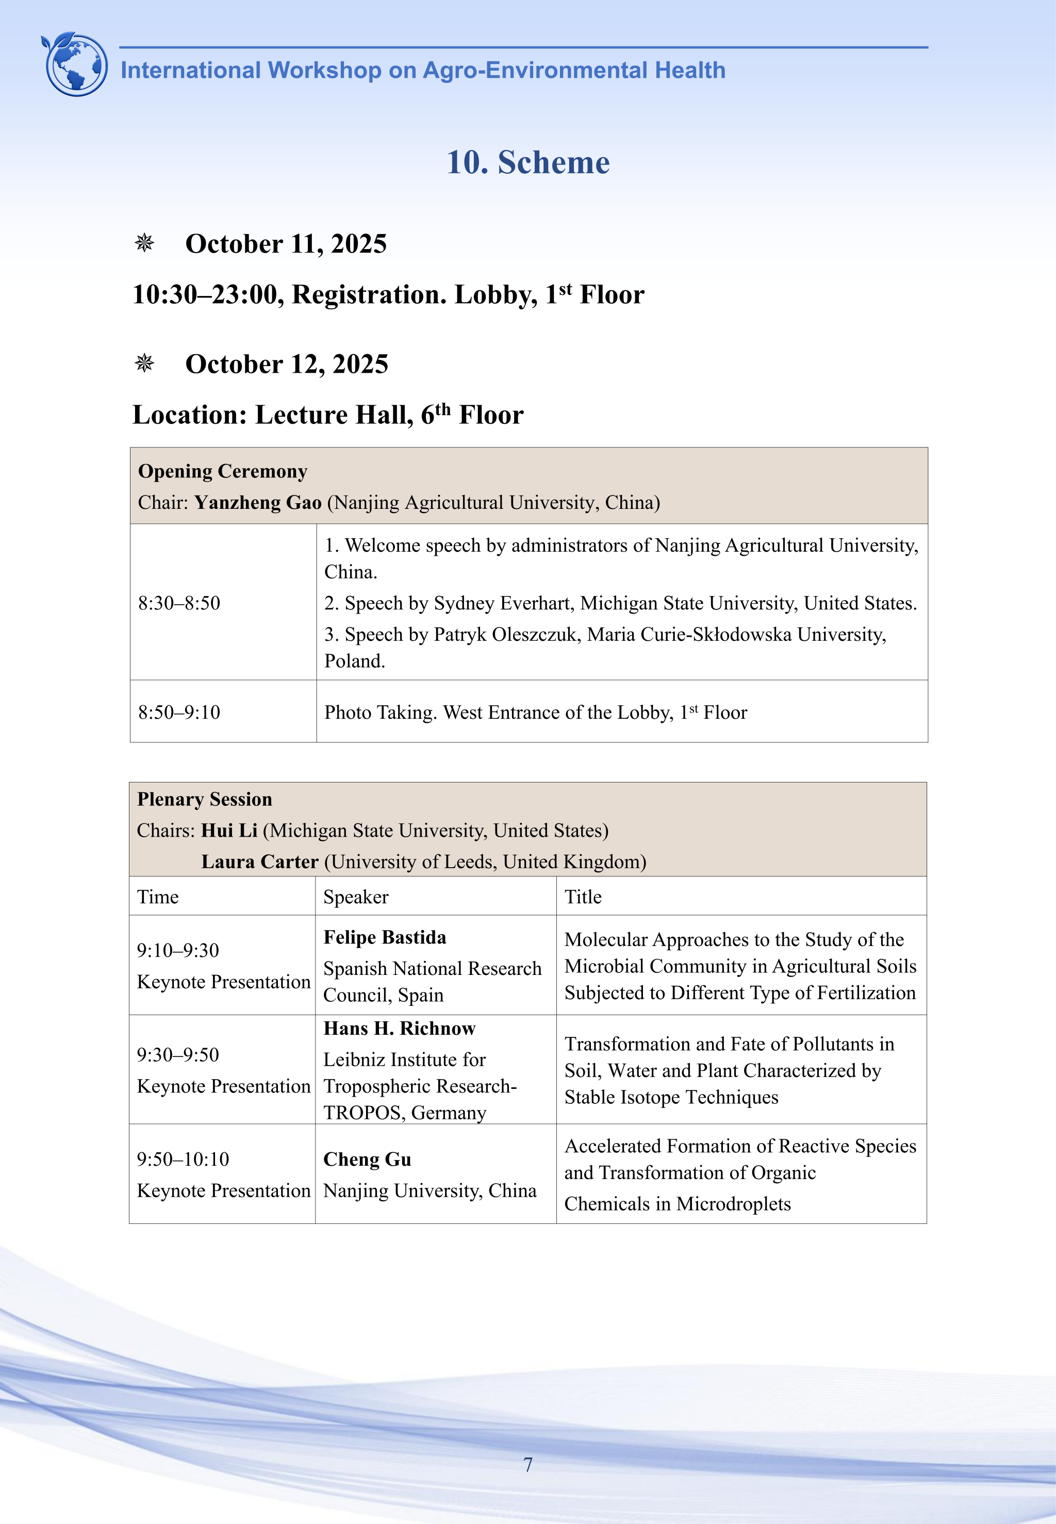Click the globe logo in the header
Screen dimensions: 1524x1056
[x=75, y=64]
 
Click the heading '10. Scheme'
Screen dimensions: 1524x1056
[x=528, y=163]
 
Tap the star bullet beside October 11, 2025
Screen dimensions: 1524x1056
[x=144, y=243]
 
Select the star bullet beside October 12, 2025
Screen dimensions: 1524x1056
[x=144, y=363]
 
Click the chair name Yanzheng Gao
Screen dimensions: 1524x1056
[x=257, y=503]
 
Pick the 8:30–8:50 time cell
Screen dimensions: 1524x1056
[x=179, y=603]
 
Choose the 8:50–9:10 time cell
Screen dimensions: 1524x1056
[x=179, y=713]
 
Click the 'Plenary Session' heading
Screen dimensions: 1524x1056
[x=205, y=799]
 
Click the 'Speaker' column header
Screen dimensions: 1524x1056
[x=355, y=897]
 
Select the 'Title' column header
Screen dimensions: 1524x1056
[x=583, y=897]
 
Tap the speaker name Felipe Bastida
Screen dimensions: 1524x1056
[x=385, y=937]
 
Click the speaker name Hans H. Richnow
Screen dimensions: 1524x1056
[x=399, y=1029]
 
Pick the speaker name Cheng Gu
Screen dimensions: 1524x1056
[x=367, y=1159]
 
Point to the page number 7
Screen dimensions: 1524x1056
[x=528, y=1465]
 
